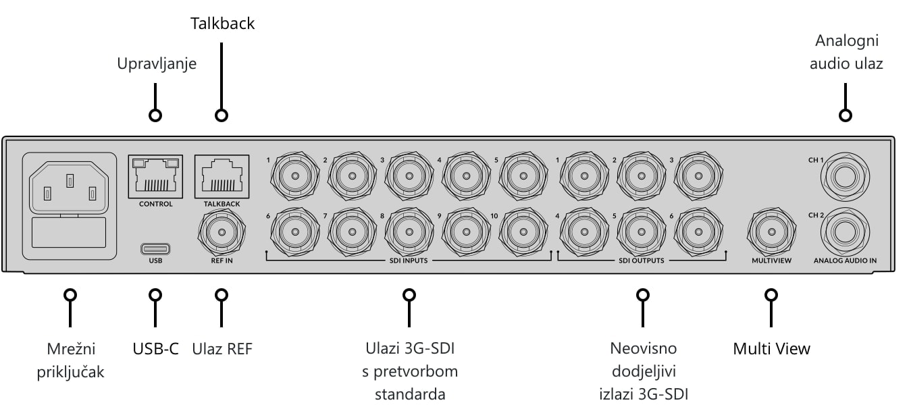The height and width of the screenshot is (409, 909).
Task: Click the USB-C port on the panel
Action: (155, 248)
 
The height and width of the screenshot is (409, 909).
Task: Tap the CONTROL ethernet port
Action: (155, 177)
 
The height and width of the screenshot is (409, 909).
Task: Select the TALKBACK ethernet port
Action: (222, 177)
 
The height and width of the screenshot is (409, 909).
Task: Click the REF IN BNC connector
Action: (222, 232)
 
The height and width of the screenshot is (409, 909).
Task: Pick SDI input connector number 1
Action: (295, 176)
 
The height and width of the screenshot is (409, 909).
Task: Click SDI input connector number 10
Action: (523, 232)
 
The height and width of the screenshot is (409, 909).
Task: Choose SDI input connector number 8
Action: (409, 232)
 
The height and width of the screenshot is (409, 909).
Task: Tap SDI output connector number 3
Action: (698, 176)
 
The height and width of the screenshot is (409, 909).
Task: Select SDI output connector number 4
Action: (584, 232)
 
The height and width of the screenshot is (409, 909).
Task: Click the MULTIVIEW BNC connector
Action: (771, 232)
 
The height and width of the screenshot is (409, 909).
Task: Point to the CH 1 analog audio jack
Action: (845, 177)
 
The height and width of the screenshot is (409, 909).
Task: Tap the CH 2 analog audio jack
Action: (845, 232)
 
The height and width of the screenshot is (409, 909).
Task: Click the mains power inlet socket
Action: (70, 188)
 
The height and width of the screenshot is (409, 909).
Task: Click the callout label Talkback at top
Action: (222, 24)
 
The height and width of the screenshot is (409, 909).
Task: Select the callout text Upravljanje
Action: (157, 64)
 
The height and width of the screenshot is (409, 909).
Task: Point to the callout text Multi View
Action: (771, 348)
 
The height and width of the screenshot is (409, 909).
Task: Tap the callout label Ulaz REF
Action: (222, 348)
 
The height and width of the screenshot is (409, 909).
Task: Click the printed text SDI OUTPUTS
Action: (641, 261)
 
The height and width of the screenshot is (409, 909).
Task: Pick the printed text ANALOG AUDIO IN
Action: (845, 261)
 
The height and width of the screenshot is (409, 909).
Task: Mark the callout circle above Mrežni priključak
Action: (70, 295)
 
